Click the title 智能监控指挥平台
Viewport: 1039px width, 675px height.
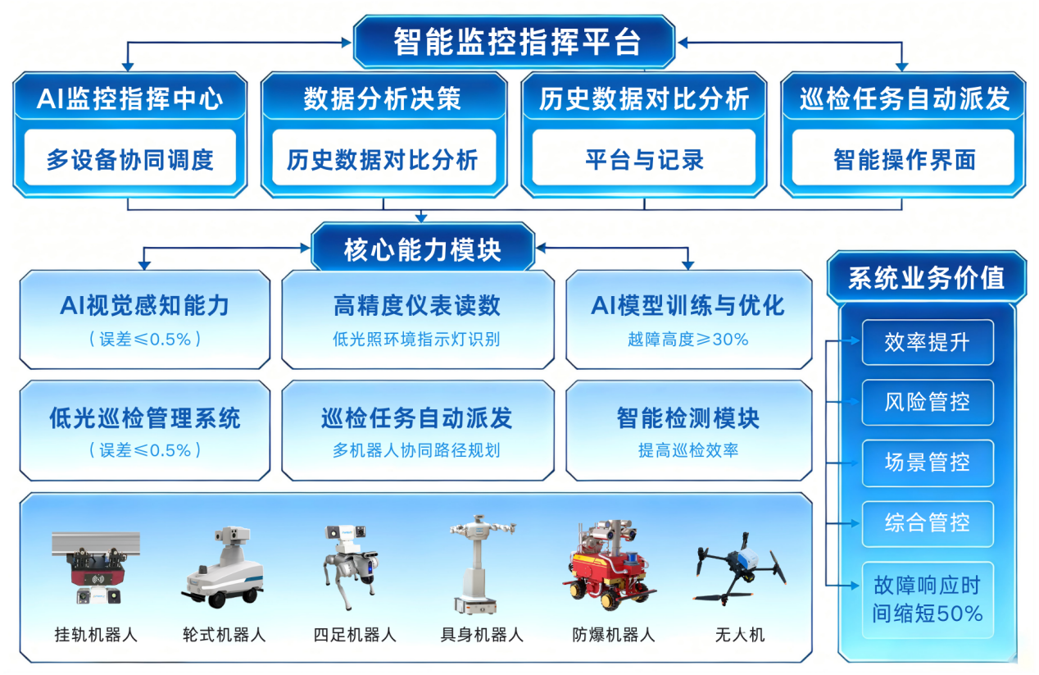tap(515, 42)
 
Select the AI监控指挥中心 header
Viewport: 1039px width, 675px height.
tap(129, 99)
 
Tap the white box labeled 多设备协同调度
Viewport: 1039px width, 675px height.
tap(129, 159)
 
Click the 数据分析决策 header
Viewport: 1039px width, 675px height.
tap(383, 99)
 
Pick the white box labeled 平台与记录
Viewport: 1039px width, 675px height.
tap(644, 159)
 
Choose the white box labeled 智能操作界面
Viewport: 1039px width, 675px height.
tap(904, 159)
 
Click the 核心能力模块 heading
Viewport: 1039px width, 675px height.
tap(422, 249)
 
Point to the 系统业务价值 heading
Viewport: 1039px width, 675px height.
tap(926, 277)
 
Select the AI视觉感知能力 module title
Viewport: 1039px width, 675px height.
tap(144, 306)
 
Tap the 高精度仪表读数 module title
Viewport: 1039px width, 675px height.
tap(417, 306)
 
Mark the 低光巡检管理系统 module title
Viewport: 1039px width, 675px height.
tap(144, 418)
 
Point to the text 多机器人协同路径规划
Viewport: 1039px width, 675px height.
tap(416, 450)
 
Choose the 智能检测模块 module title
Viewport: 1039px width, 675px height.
tap(687, 418)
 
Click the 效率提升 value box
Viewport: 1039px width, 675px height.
tap(927, 342)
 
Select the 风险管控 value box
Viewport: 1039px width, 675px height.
tap(927, 402)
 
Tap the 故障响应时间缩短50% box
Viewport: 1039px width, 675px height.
tap(927, 600)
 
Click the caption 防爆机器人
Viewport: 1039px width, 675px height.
tap(613, 635)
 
